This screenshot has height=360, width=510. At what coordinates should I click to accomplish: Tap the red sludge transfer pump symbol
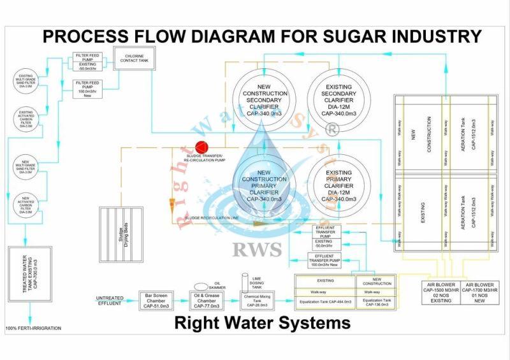click(202, 147)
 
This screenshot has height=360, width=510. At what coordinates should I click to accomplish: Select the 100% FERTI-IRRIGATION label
click(34, 328)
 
